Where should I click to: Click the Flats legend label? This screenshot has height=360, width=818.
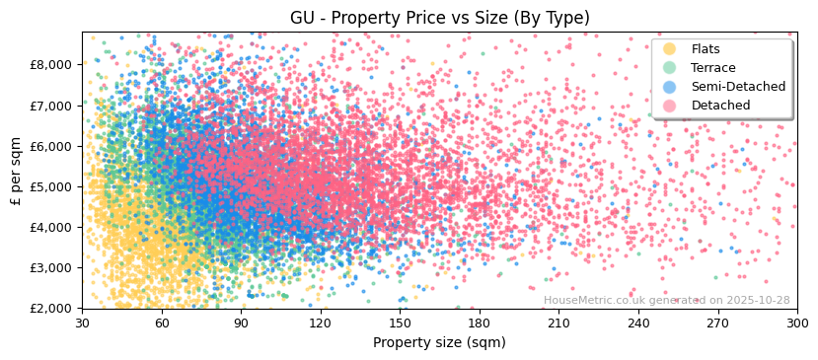706,49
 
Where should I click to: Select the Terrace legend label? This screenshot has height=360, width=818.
713,68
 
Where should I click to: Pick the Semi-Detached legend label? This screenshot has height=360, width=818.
738,87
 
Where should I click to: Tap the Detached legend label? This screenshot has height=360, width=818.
720,106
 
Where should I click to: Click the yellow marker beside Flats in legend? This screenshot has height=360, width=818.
670,49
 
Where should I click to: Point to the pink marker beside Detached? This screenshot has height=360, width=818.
670,106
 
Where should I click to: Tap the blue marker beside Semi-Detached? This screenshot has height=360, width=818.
670,87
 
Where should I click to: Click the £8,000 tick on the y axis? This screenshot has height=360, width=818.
51,64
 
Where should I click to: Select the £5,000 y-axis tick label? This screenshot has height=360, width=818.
51,186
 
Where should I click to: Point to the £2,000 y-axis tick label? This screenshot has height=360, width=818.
51,308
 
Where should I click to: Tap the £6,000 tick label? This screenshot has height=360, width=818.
51,146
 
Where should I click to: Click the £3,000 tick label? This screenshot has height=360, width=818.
51,267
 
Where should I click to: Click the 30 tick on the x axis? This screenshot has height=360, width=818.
82,324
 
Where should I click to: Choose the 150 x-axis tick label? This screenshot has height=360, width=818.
400,324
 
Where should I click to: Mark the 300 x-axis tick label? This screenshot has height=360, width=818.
796,324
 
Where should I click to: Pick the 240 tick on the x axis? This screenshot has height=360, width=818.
637,324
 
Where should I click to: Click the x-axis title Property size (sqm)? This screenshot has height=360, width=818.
439,343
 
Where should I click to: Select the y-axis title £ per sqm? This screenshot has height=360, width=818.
17,170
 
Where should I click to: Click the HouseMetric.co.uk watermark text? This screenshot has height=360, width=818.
666,300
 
